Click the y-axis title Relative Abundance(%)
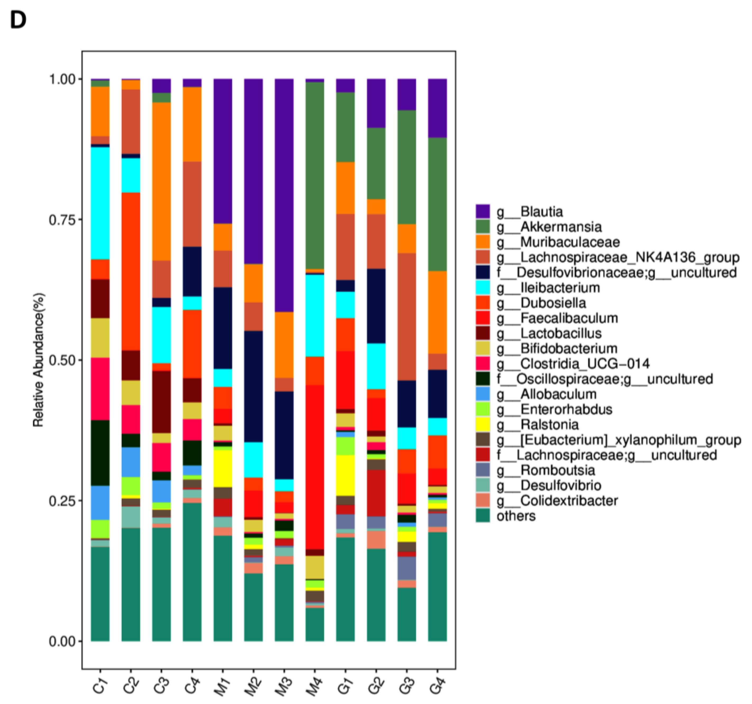39,360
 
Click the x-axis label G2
376,686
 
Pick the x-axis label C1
100,686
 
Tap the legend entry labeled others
516,516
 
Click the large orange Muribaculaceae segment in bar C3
161,181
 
